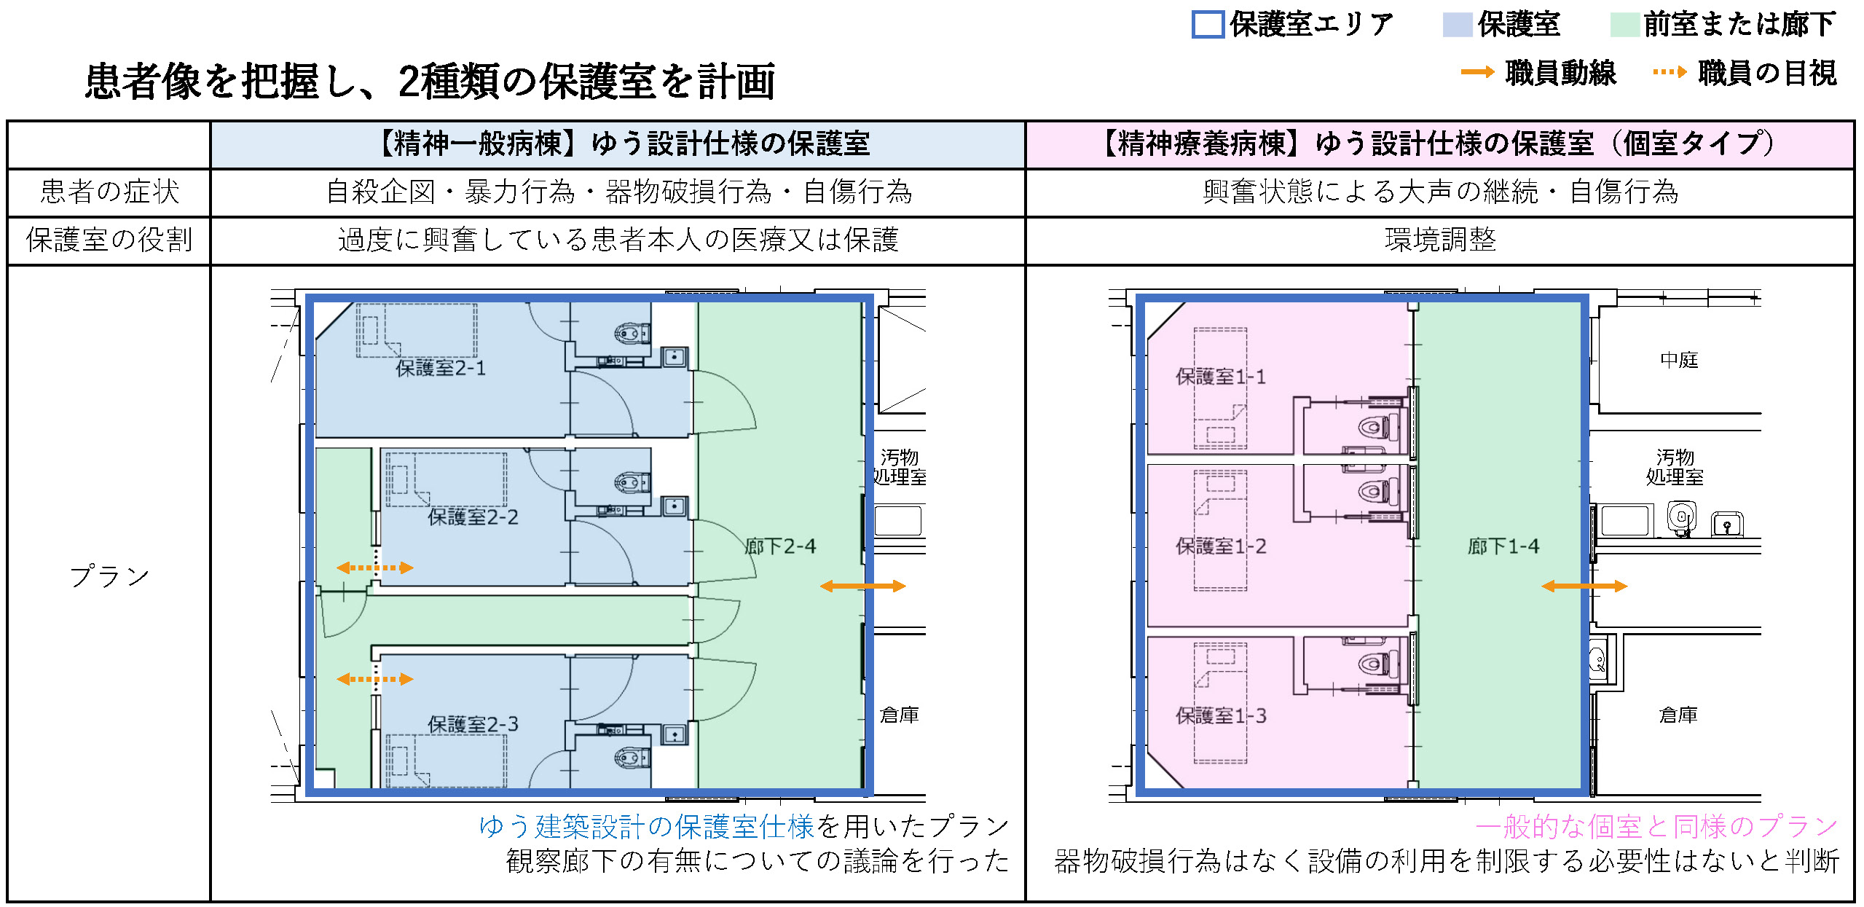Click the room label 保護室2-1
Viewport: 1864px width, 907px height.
(x=440, y=369)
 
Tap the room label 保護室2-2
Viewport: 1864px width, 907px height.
(x=473, y=517)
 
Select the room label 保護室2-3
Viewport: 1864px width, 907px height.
(x=473, y=724)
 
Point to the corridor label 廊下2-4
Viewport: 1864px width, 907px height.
(x=780, y=546)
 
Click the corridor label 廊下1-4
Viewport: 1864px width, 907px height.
(x=1503, y=546)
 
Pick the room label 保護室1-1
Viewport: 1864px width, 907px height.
(x=1221, y=377)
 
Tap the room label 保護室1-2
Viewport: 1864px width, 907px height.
(x=1221, y=546)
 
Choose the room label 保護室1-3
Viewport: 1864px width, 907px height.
(x=1221, y=716)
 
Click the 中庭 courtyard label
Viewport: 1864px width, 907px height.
(x=1679, y=360)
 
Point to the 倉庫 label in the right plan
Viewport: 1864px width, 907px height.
(x=1678, y=715)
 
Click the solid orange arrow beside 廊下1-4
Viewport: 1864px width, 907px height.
(x=1584, y=586)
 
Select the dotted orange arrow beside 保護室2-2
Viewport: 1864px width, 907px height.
(x=375, y=568)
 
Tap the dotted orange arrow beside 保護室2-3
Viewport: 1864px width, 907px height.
(x=375, y=679)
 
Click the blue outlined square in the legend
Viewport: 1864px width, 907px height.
(x=1207, y=25)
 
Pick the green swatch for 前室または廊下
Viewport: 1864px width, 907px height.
(x=1624, y=25)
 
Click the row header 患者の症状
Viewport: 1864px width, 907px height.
(x=109, y=192)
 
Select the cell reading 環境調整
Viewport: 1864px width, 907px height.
(x=1440, y=240)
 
